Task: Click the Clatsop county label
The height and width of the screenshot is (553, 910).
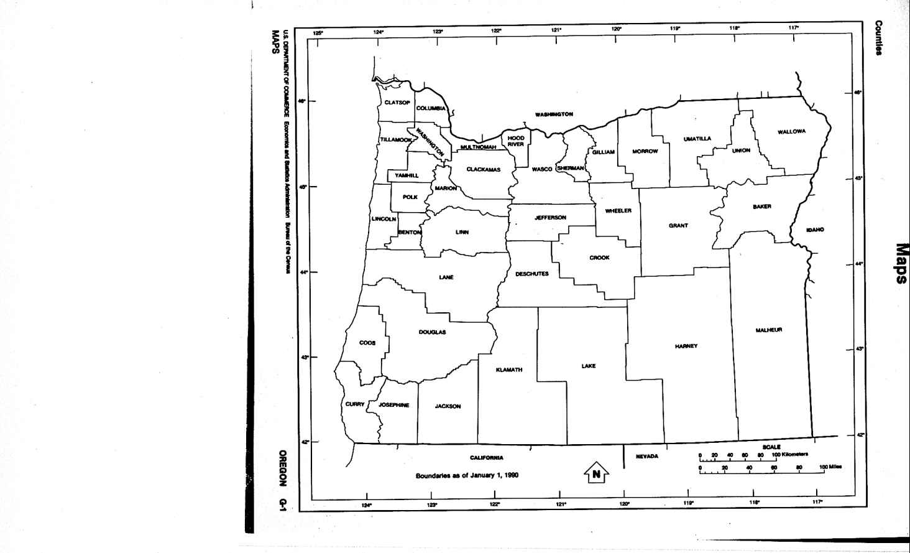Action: (397, 103)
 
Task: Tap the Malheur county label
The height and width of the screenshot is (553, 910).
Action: (769, 330)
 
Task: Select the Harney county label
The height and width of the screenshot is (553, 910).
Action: (686, 346)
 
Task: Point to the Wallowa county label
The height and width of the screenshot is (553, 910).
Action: (791, 132)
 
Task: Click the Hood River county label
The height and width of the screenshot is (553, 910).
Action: (516, 141)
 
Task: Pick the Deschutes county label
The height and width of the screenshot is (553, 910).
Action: (531, 274)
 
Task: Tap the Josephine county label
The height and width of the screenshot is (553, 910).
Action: (394, 405)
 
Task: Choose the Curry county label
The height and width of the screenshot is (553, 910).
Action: (355, 404)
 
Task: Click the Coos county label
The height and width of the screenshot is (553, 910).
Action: (367, 343)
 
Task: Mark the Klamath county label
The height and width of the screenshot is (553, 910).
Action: (509, 370)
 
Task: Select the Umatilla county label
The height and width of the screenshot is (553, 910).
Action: (697, 139)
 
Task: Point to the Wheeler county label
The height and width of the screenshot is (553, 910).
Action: (618, 211)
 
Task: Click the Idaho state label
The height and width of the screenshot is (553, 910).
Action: (815, 230)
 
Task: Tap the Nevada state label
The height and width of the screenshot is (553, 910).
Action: (646, 457)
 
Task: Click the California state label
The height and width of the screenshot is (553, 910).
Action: (486, 458)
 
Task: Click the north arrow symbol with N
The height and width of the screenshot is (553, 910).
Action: (595, 473)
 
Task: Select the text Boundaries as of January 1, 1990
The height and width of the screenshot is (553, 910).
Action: (467, 476)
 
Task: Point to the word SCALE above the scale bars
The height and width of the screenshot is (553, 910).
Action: (771, 447)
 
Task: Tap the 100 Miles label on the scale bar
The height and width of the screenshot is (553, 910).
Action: (830, 467)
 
